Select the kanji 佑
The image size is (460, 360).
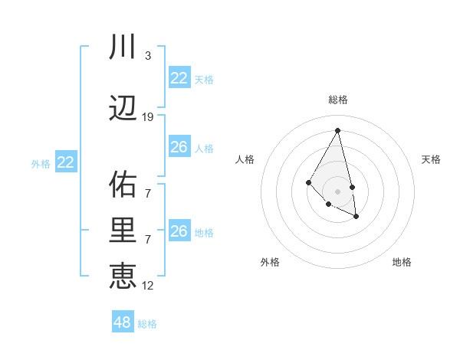tap(123, 185)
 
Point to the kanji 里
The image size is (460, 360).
tap(123, 231)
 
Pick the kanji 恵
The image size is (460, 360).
tap(123, 276)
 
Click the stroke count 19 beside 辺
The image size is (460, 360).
tap(148, 117)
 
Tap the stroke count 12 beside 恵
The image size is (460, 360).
tap(148, 286)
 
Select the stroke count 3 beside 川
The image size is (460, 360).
tap(148, 56)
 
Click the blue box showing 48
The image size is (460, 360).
tap(123, 322)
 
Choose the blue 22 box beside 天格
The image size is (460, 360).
tap(179, 78)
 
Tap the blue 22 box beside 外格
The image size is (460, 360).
tap(66, 162)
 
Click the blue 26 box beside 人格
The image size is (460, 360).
tap(179, 147)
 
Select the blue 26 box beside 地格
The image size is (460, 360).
tap(179, 231)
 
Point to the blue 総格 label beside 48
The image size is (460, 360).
tap(147, 324)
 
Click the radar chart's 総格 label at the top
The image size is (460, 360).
tap(338, 100)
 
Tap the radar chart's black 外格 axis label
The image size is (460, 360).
tap(270, 262)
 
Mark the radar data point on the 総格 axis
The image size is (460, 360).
tap(338, 130)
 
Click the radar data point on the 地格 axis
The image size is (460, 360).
tap(356, 217)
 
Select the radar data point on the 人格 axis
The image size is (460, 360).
tap(308, 182)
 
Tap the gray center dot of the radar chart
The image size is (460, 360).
tap(338, 191)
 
